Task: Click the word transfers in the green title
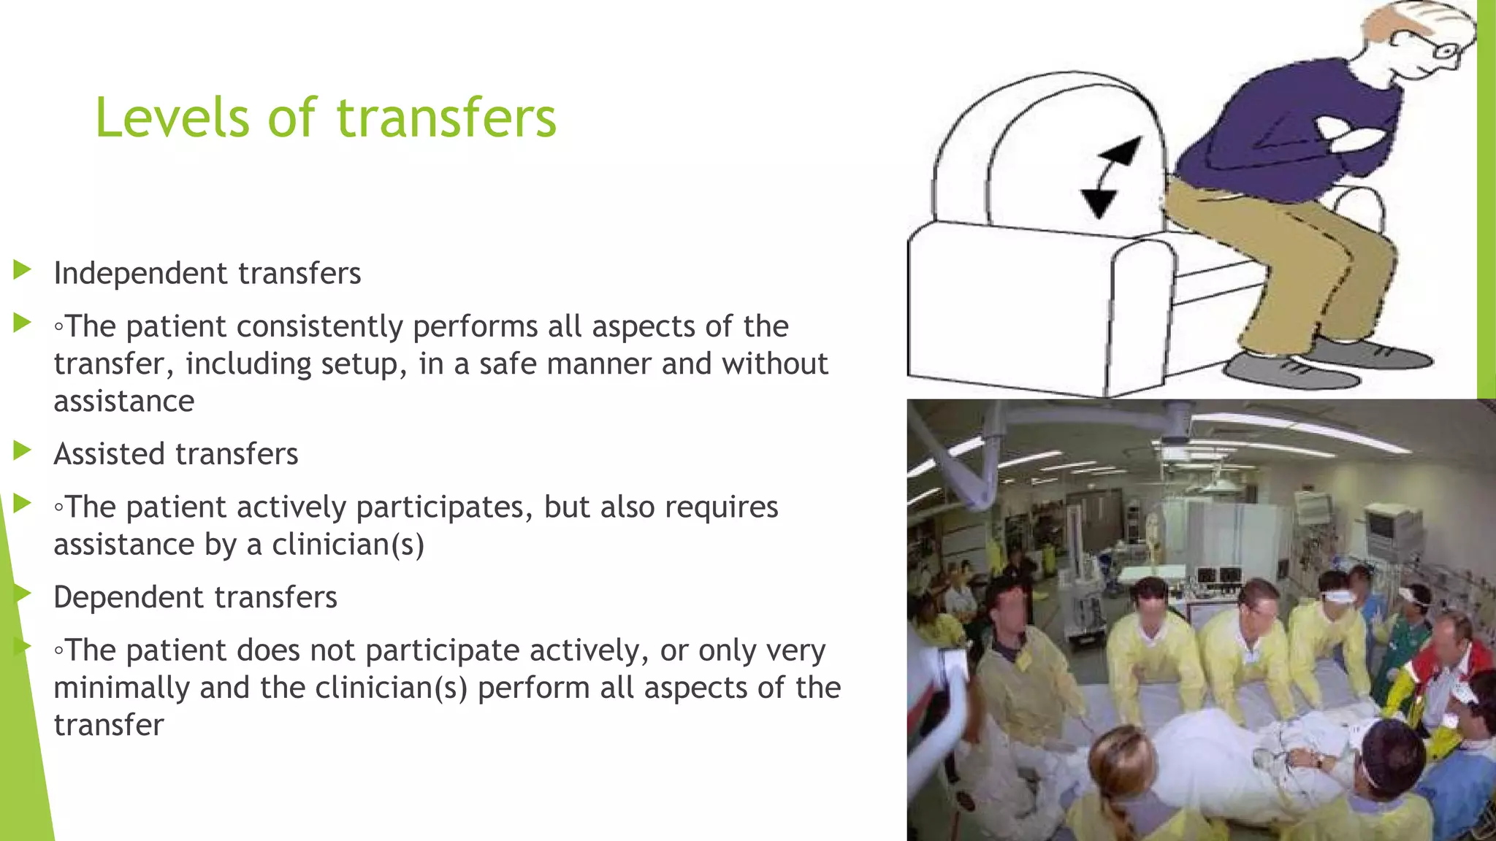[x=446, y=118]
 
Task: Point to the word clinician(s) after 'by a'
[x=348, y=545]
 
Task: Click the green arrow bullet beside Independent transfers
[x=22, y=270]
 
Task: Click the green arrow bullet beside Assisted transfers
[x=22, y=451]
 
